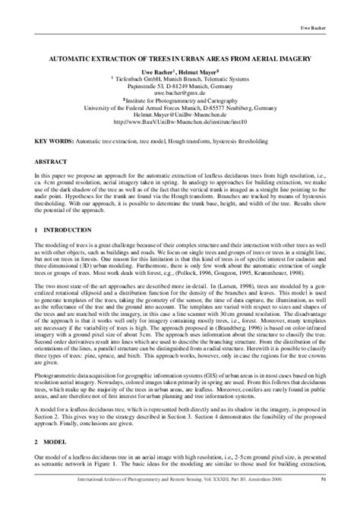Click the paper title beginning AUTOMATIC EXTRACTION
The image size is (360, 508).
pyautogui.click(x=181, y=57)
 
